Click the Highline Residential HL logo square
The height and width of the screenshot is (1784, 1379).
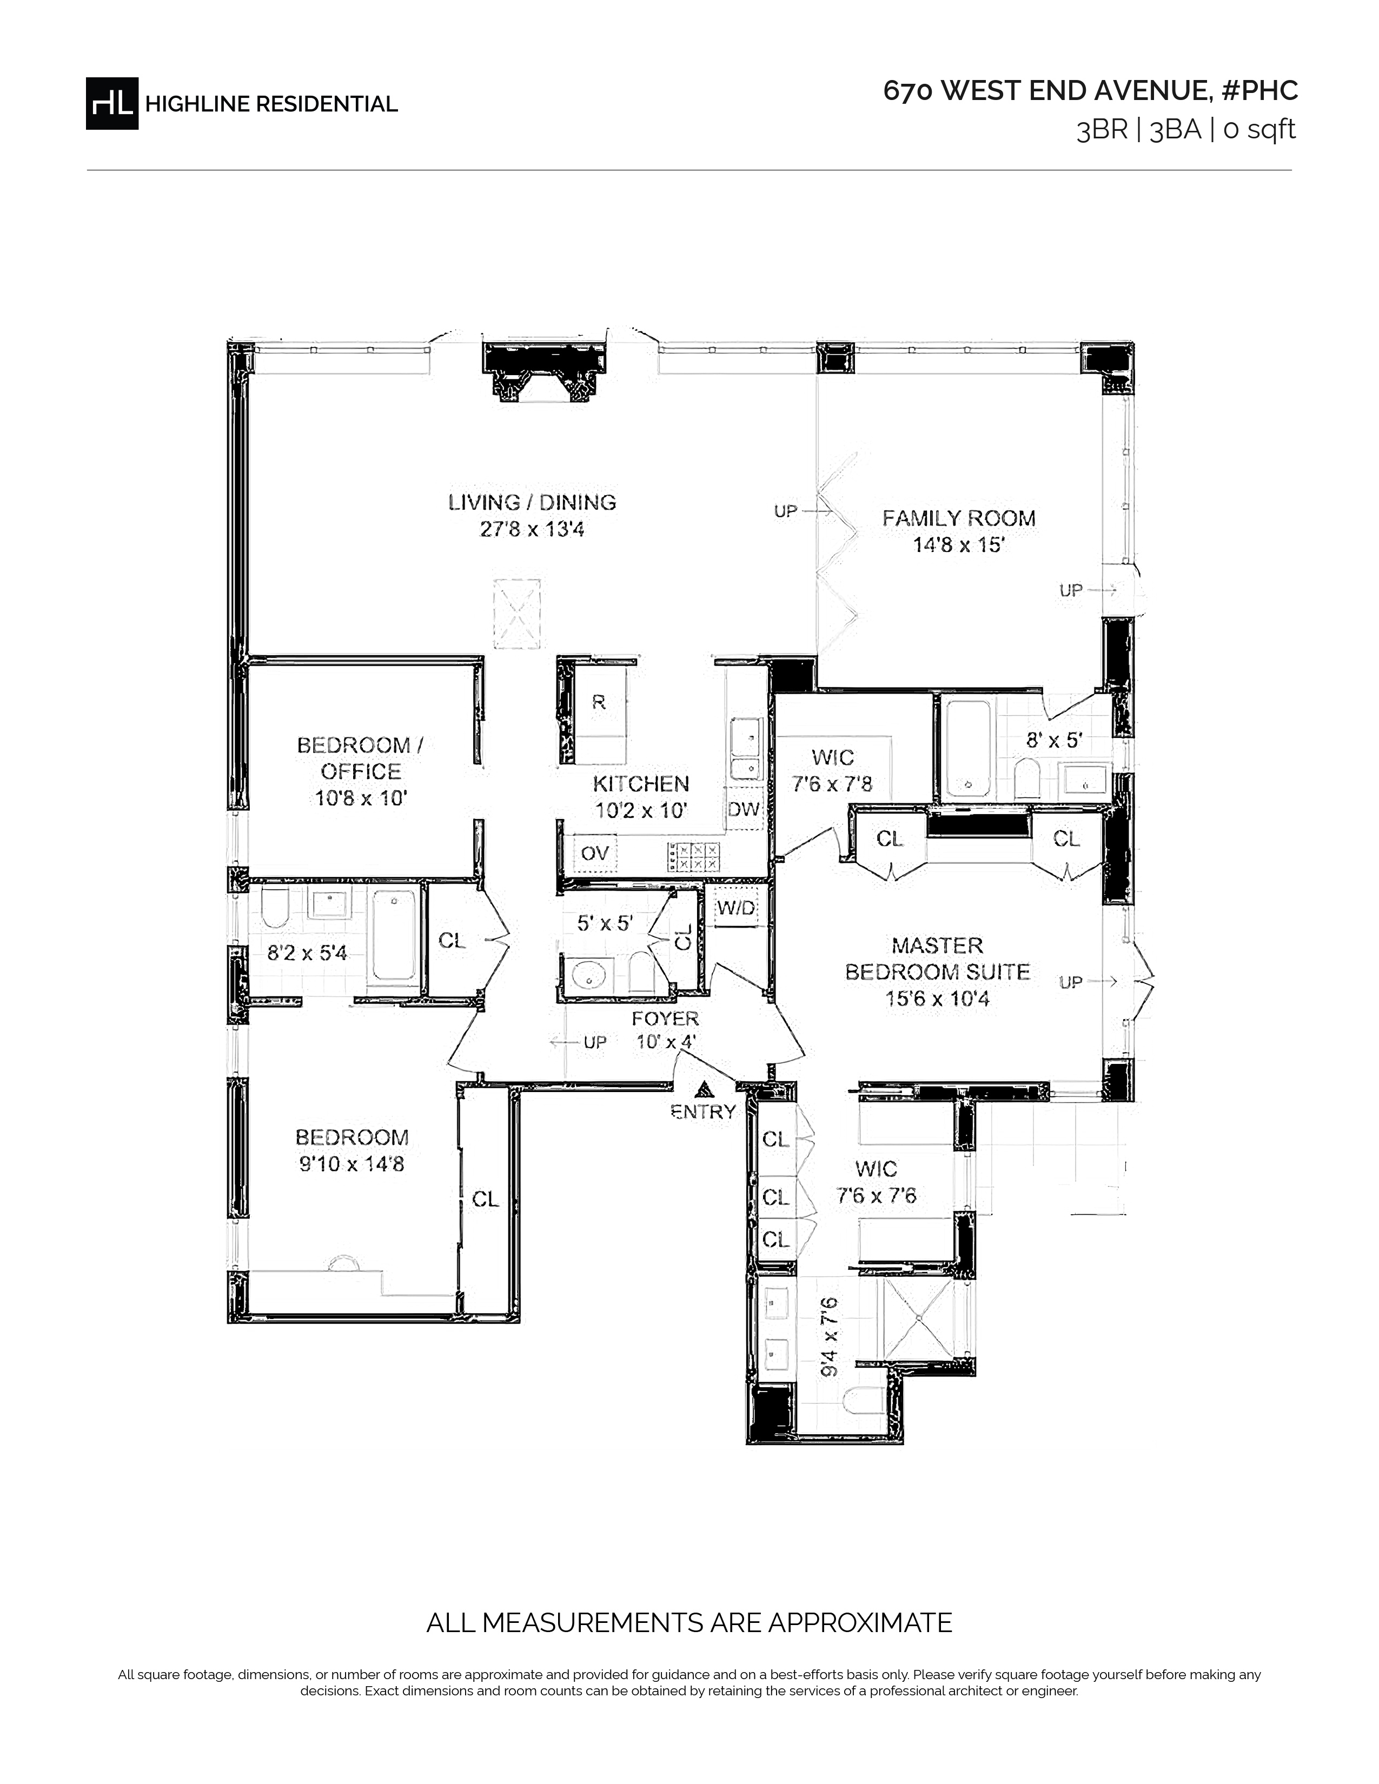112,103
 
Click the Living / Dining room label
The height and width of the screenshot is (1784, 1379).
532,502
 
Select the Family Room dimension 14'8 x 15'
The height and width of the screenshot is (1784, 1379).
958,545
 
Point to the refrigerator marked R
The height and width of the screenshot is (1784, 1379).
599,702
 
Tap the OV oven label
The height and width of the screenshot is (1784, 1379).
595,853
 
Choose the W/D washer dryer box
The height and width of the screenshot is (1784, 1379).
736,908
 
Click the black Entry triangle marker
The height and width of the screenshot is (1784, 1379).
702,1089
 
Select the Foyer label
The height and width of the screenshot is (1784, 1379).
665,1019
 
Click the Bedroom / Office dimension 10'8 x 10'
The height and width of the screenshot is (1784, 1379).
361,798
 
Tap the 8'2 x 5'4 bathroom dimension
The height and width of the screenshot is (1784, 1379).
307,953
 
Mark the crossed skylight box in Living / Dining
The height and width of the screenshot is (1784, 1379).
516,614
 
